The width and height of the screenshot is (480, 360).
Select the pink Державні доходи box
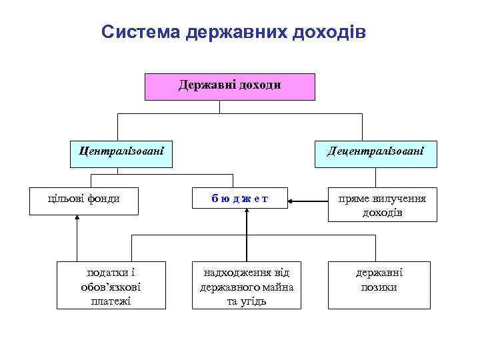tap(230, 87)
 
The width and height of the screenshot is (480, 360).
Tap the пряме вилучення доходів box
tap(383, 205)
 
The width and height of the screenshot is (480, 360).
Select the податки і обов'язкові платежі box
tap(111, 287)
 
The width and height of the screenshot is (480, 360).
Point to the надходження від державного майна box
tap(247, 287)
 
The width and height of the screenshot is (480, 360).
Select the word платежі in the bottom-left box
tap(110, 301)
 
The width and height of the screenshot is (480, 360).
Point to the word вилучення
tap(402, 199)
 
